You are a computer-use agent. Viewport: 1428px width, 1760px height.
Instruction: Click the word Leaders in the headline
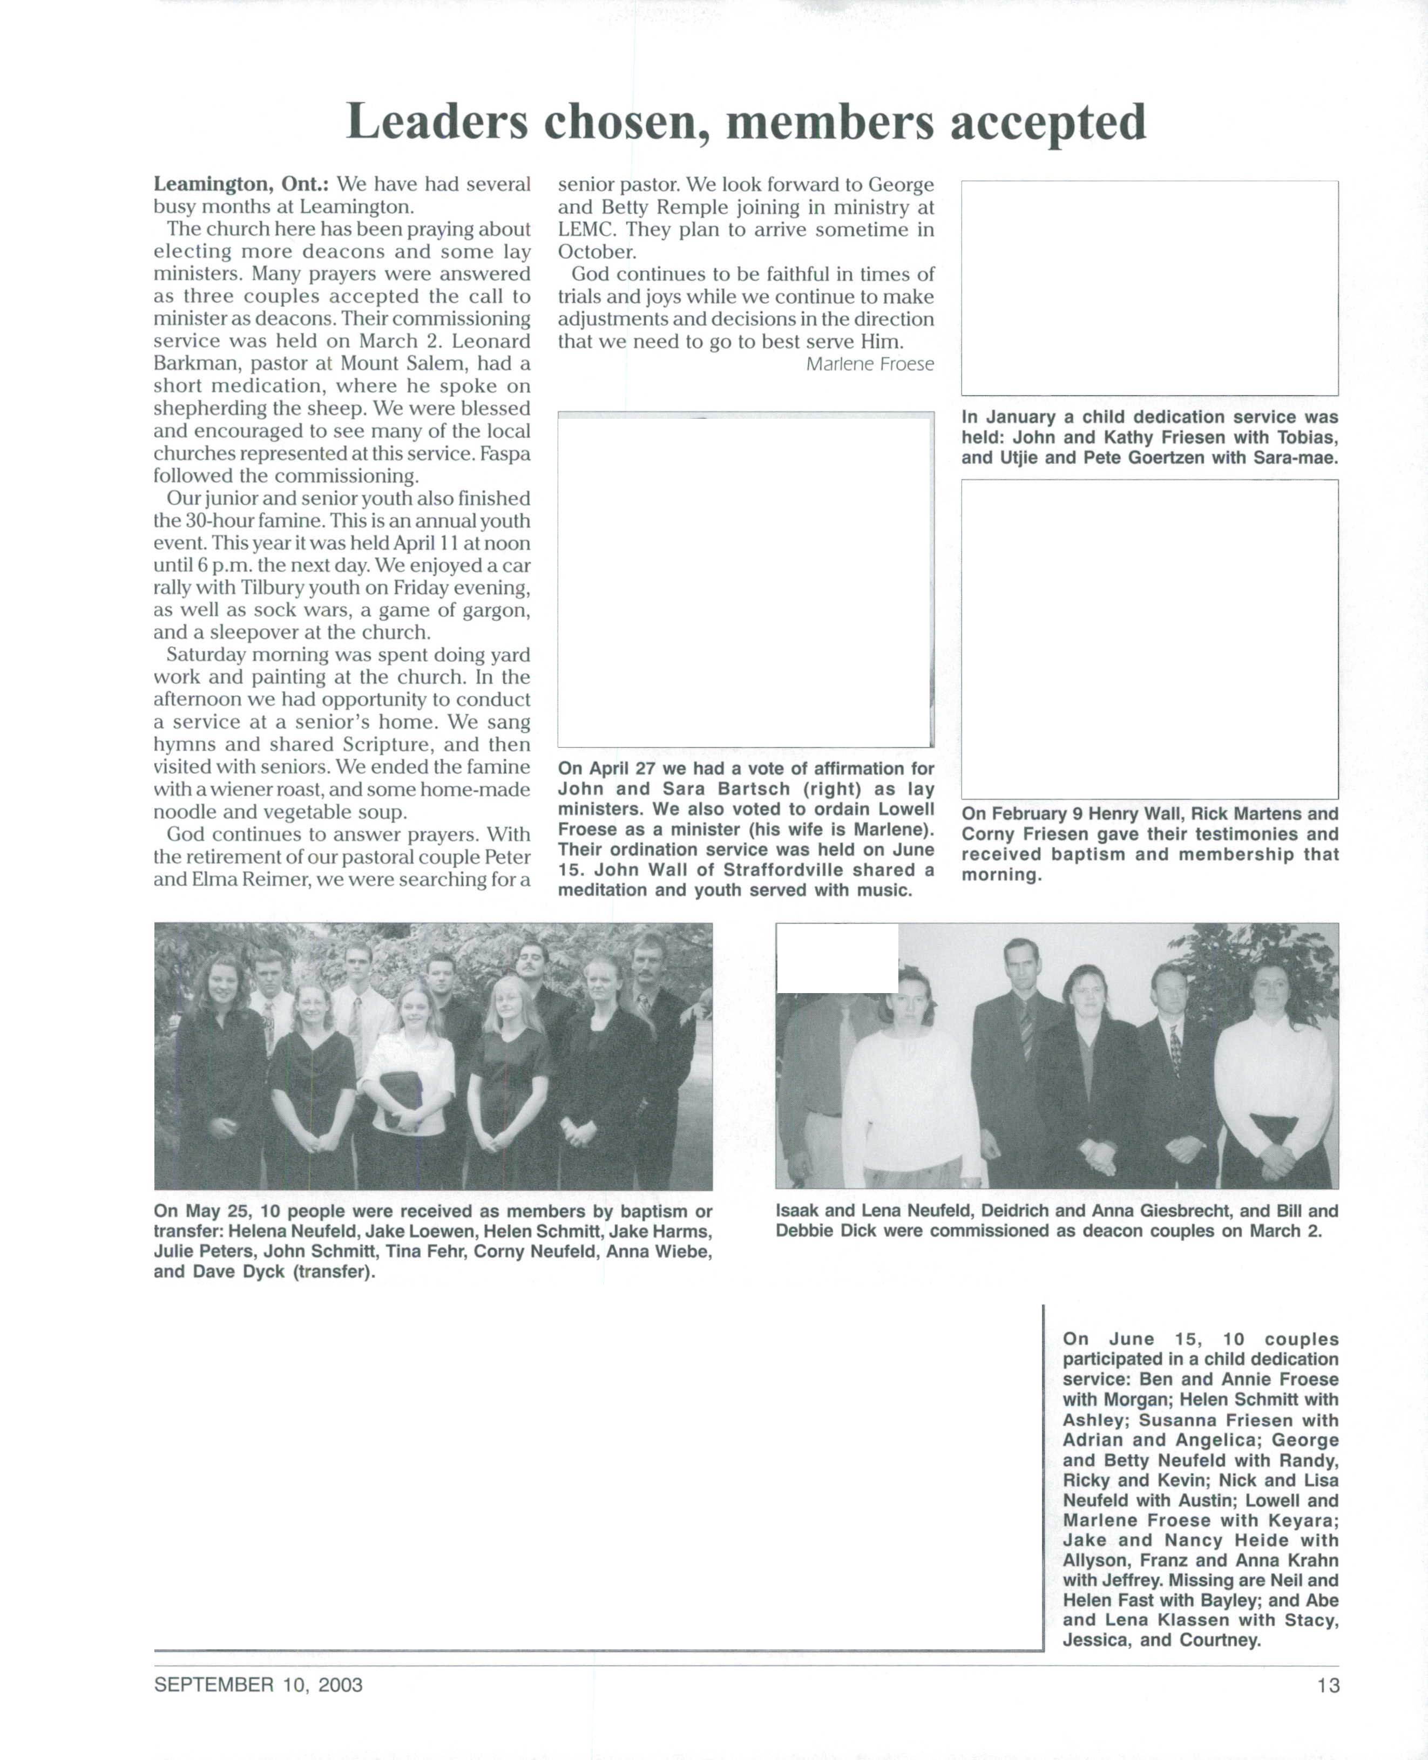436,122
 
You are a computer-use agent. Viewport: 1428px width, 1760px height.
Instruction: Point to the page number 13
1328,1685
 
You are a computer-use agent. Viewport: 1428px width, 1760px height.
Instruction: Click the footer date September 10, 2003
258,1685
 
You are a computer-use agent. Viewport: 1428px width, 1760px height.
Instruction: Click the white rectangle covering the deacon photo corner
837,958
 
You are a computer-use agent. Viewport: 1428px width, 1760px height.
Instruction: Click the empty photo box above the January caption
1149,288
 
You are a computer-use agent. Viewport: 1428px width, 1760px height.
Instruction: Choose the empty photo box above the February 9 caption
1149,639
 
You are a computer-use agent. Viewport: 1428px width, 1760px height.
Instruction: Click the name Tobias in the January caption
1307,438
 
